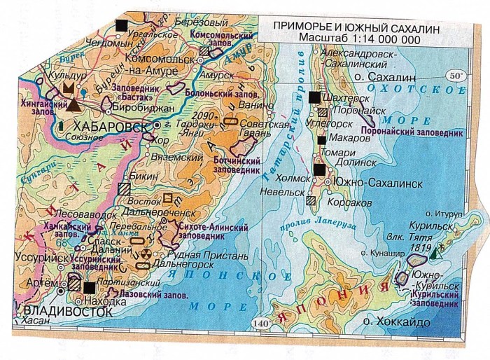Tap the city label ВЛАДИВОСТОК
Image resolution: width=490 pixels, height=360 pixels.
(x=67, y=309)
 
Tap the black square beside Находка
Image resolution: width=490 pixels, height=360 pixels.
(x=90, y=287)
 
